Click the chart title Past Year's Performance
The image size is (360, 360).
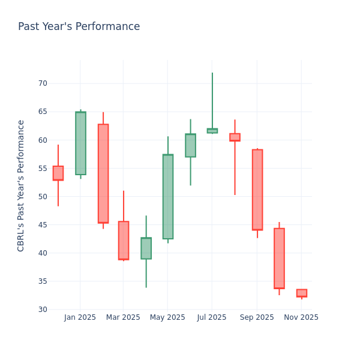79,27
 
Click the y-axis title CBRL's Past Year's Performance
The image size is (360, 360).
21,185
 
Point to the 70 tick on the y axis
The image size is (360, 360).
43,83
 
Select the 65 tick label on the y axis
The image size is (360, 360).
43,112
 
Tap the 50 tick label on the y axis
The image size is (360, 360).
43,197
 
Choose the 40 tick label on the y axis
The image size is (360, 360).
43,253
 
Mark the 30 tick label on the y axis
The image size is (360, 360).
43,310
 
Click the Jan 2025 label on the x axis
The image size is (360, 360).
80,317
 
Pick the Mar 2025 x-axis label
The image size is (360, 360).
123,317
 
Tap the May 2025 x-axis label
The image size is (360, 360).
167,317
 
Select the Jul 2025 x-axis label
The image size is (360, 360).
212,317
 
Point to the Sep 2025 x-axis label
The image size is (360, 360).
257,317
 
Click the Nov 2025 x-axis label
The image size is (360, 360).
301,317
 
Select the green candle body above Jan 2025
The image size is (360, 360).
80,143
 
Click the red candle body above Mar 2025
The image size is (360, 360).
124,240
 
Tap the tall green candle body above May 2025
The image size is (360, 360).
168,197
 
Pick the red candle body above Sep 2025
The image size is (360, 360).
257,190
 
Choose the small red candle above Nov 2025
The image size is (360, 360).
302,293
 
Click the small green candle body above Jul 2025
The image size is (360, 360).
212,131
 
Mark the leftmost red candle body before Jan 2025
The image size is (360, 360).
58,173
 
